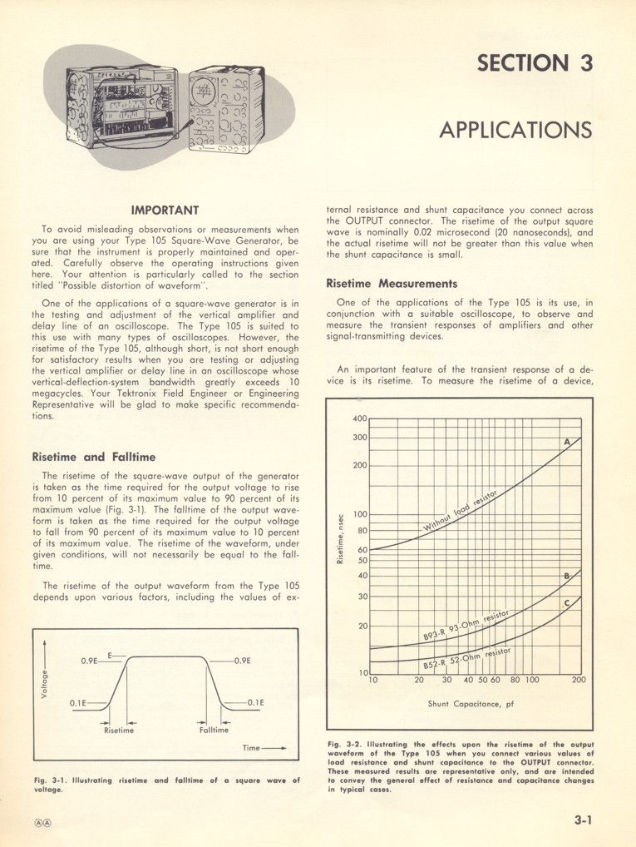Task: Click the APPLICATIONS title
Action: click(x=515, y=131)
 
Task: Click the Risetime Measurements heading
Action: click(x=392, y=284)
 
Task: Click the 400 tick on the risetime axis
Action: click(x=359, y=419)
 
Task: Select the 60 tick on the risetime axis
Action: click(x=362, y=550)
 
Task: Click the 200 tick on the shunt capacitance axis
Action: click(x=579, y=680)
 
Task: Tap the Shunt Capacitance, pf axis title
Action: click(x=471, y=704)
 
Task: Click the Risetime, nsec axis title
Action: click(x=341, y=540)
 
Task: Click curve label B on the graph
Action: click(x=567, y=576)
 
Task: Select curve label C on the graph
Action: click(x=567, y=604)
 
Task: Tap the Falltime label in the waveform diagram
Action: click(x=214, y=731)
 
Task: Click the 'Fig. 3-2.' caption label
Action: click(x=342, y=744)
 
